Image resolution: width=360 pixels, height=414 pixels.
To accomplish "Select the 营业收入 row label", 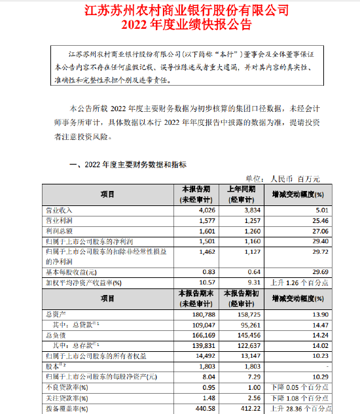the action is pos(57,211).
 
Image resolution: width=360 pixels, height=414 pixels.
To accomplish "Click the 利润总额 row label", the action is pos(57,230).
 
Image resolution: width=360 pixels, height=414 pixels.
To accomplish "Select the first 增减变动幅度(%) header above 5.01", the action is pos(298,194).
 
